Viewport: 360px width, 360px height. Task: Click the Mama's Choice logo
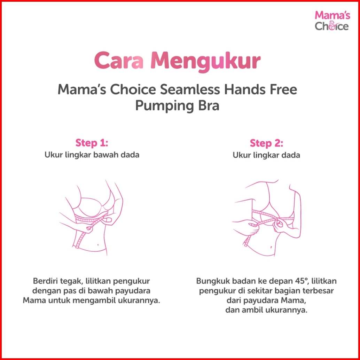[x=332, y=21]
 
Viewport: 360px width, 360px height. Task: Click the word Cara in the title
[x=119, y=61]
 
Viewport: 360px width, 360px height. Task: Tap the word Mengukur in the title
[x=206, y=62]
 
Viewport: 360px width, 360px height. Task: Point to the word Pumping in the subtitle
[x=161, y=106]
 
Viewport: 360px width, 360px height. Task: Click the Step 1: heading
[x=92, y=143]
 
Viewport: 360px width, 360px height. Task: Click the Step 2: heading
[x=266, y=143]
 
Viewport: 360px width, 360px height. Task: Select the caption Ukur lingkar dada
[x=266, y=155]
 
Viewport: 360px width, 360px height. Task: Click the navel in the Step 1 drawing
[x=98, y=244]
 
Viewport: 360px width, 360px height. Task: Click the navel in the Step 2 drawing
[x=272, y=248]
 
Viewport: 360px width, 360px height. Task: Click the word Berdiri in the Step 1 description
[x=46, y=281]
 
